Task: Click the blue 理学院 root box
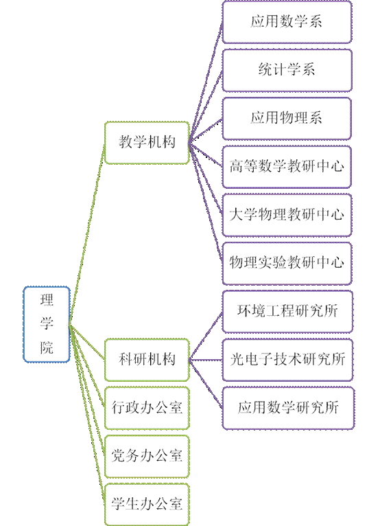[47, 324]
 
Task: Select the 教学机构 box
[147, 143]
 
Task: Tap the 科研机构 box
[147, 360]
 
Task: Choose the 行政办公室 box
[147, 408]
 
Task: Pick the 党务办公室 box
[147, 456]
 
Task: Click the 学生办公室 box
[147, 504]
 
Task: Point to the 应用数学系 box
[287, 22]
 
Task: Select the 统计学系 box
[287, 70]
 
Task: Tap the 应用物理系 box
[287, 118]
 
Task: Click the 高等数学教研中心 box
[287, 167]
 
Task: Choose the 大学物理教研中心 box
[287, 215]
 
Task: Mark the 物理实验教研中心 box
[287, 263]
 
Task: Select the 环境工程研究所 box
[287, 312]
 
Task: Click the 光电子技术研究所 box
[287, 360]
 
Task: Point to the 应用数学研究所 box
[288, 408]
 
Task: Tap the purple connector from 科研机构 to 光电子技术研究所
[206, 360]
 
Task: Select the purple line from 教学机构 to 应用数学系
[206, 82]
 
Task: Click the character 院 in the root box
[47, 347]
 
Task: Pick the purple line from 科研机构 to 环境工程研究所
[206, 336]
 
